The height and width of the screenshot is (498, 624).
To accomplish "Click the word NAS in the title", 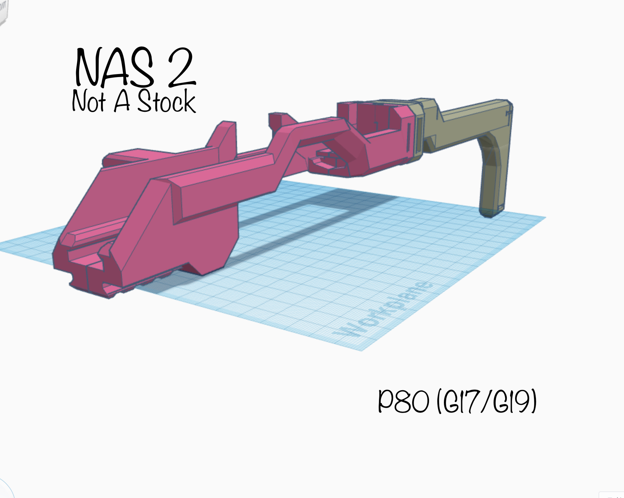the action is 115,68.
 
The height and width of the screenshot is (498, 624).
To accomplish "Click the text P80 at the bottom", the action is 404,401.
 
